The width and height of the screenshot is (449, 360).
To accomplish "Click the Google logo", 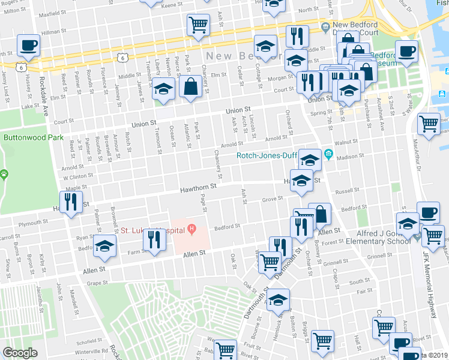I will click(x=20, y=353).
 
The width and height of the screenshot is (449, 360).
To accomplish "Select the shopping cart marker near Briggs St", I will click(x=323, y=340).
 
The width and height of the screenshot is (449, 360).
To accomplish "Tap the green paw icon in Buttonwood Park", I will click(x=5, y=175).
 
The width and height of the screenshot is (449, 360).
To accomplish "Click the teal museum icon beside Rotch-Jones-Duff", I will click(x=328, y=154).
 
